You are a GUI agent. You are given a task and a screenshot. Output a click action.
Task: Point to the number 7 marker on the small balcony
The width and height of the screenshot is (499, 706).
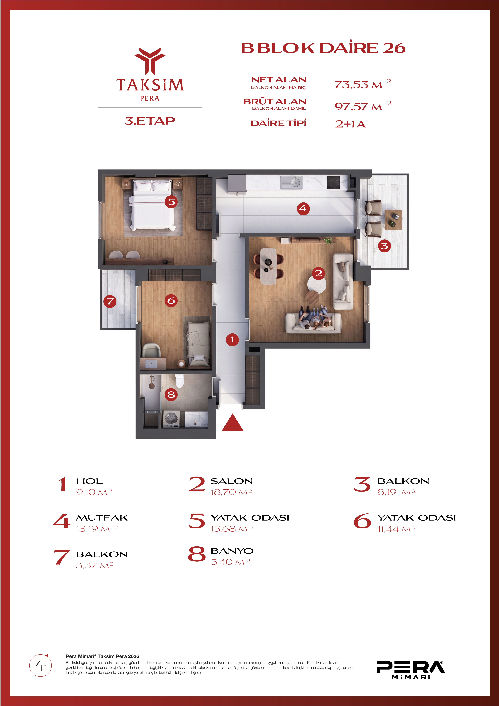click(110, 301)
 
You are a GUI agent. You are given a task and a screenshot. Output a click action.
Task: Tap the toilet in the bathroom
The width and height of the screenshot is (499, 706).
click(179, 380)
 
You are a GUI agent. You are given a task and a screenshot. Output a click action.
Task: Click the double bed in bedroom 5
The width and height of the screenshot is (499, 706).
click(152, 205)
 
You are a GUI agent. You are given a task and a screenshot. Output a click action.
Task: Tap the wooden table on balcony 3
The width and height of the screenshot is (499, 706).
click(393, 220)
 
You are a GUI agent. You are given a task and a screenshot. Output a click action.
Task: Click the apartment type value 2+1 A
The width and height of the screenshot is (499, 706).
click(350, 124)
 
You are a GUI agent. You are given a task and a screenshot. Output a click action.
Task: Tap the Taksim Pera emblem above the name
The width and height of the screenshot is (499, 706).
click(150, 61)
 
